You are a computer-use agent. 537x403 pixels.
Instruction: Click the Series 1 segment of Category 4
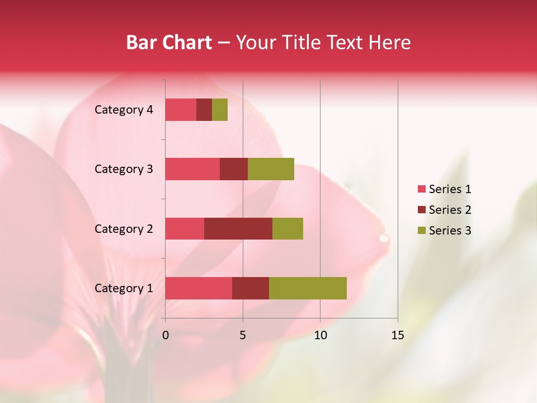pos(181,110)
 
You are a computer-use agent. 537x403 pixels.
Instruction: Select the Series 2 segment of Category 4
pos(204,110)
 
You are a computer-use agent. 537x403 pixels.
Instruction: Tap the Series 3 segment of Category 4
pos(220,110)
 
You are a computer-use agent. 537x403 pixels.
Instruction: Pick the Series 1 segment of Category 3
pos(192,169)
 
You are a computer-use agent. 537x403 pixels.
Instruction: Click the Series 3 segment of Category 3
pos(271,169)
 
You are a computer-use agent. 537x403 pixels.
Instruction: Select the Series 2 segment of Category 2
pos(238,228)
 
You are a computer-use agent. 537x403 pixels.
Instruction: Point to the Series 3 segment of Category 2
pos(288,228)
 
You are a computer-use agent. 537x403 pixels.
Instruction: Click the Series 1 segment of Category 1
pos(199,288)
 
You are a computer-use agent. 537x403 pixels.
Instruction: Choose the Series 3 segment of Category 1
pos(308,288)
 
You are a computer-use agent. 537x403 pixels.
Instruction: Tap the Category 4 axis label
pos(124,110)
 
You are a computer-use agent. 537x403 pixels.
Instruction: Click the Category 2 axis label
pos(124,228)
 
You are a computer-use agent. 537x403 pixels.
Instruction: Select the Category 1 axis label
pos(124,288)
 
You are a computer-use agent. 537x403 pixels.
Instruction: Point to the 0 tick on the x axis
pos(166,335)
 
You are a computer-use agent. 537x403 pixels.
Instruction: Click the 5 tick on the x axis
pos(243,335)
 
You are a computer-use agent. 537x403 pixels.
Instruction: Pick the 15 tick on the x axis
pos(398,335)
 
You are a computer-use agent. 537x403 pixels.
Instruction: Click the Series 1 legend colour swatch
pos(421,189)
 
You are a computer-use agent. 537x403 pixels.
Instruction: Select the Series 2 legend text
pos(450,210)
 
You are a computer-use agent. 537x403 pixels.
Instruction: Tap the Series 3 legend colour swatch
pos(421,231)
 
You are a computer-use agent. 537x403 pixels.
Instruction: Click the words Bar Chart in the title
pos(169,43)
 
